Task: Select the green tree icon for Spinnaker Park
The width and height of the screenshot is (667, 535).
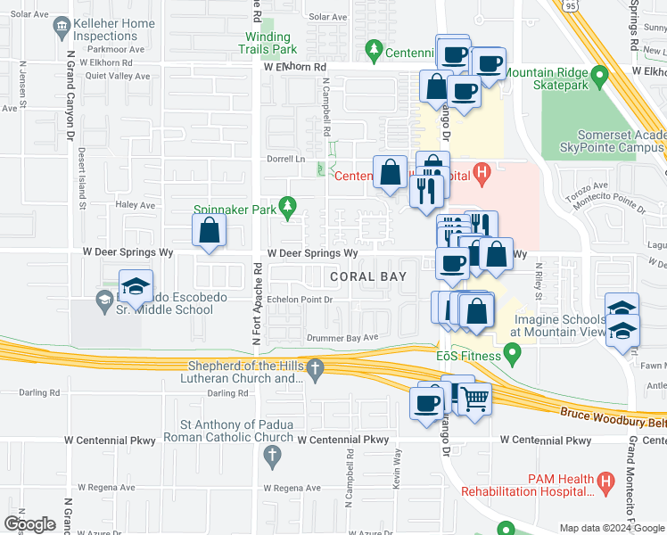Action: coord(287,210)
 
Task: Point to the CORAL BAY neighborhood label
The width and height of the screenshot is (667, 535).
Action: coord(368,277)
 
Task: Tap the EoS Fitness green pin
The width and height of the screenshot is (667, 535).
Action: coord(512,357)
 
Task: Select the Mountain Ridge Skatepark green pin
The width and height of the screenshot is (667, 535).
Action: coord(601,78)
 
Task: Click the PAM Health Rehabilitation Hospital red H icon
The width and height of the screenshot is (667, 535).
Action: coord(606,484)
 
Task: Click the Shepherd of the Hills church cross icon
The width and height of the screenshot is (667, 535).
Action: coord(314,368)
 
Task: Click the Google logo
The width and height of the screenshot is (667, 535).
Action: coord(29,523)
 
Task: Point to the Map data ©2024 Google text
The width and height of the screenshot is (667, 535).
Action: coord(611,528)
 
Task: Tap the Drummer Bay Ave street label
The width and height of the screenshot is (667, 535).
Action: coord(342,337)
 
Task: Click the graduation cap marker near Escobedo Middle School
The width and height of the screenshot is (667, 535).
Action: coord(136,286)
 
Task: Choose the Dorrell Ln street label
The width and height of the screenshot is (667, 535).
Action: coord(285,159)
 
